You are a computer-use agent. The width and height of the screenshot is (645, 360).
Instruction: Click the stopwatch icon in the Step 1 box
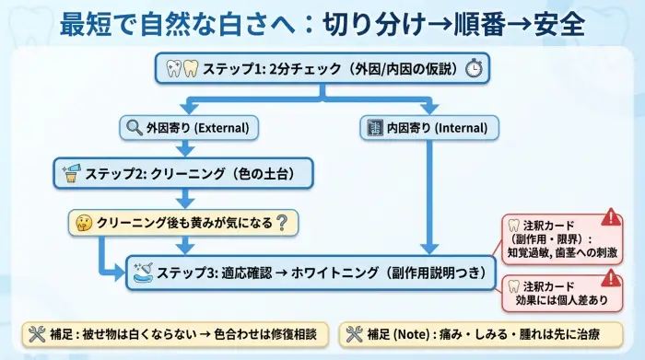473,68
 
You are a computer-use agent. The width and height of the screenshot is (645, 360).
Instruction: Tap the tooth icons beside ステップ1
182,68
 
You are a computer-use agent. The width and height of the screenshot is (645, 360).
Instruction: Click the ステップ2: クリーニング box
184,171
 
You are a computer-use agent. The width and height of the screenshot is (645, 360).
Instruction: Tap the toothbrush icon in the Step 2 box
71,171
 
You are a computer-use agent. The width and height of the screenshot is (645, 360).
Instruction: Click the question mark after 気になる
282,221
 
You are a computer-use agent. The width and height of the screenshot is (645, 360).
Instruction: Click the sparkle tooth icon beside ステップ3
144,273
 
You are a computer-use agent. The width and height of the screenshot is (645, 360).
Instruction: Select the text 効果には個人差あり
557,298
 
